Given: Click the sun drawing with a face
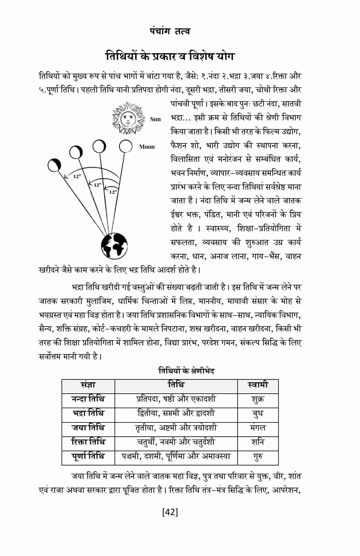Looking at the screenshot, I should [127, 119].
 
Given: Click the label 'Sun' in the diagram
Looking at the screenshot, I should [155, 119].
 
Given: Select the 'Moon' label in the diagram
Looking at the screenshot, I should [147, 147].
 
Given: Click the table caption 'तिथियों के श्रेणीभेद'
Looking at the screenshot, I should [186, 371].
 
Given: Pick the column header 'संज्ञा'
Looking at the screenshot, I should [88, 385].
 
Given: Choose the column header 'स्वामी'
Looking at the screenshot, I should [258, 385].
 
